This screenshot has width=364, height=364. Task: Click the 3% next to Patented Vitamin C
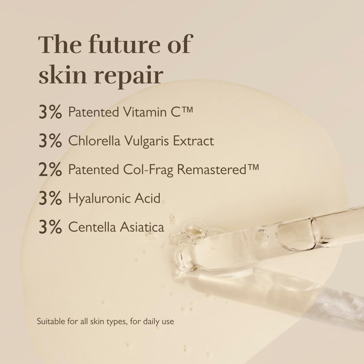(x=50, y=112)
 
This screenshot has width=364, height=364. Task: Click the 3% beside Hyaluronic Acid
(x=50, y=199)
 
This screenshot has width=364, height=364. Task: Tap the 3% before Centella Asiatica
(x=50, y=227)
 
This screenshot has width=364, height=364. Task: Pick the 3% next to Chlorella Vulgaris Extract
(x=50, y=141)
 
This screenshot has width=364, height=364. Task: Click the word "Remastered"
(x=213, y=169)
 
